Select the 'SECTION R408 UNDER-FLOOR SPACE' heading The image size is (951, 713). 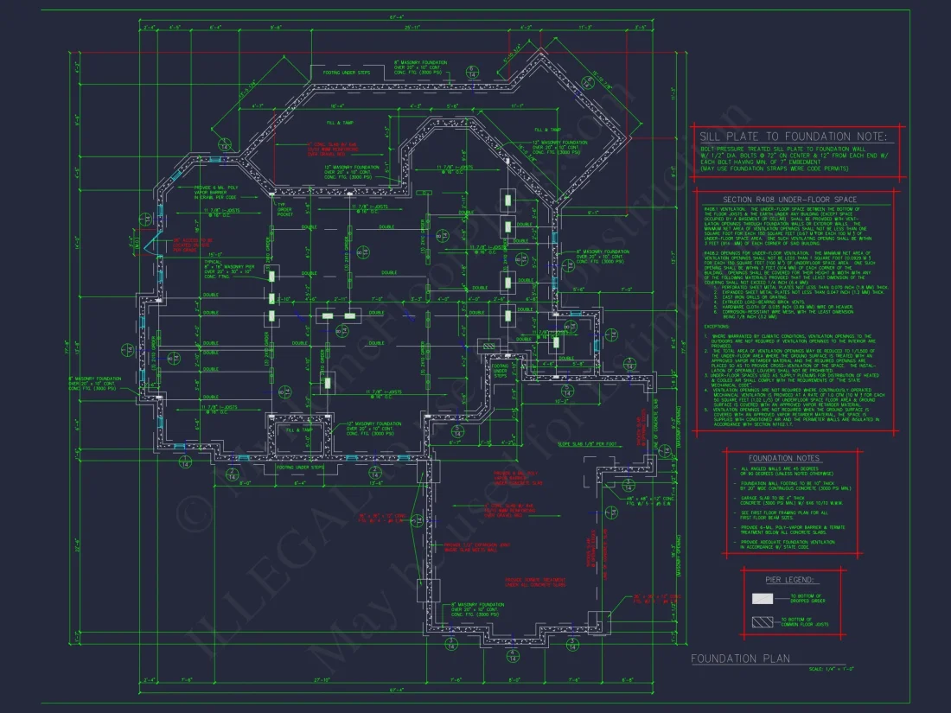795,200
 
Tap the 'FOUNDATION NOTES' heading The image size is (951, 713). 773,457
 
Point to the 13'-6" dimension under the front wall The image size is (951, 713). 376,484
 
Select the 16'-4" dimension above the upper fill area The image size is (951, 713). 337,106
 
